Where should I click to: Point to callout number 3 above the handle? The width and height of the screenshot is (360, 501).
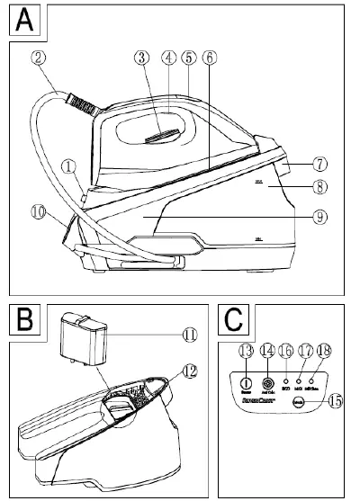pyautogui.click(x=140, y=58)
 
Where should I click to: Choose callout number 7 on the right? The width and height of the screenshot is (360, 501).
pyautogui.click(x=320, y=166)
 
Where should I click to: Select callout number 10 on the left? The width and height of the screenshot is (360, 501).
pyautogui.click(x=37, y=213)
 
